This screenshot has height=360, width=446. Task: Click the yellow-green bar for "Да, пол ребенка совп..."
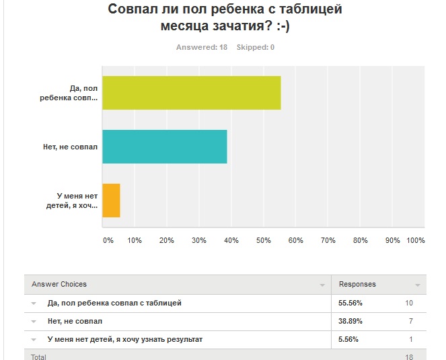[x=191, y=93]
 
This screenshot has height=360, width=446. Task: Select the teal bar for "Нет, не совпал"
[x=164, y=147]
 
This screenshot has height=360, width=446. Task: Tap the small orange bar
[x=111, y=200]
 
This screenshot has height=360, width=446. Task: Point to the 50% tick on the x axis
[x=263, y=240]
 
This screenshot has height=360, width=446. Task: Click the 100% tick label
[x=416, y=240]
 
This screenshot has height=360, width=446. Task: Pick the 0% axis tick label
[x=108, y=240]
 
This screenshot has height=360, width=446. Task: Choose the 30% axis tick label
[x=198, y=240]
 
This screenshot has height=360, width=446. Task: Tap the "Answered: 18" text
[x=202, y=47]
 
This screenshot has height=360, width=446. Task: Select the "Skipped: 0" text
[x=256, y=47]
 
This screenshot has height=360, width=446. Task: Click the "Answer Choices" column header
[x=59, y=284]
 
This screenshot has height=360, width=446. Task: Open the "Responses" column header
[x=357, y=284]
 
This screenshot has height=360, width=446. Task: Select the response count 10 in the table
[x=408, y=303]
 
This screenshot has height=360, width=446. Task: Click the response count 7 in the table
[x=410, y=321]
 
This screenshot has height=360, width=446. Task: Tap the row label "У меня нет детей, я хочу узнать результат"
[x=124, y=339]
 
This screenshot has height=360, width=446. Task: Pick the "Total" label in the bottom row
[x=38, y=356]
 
